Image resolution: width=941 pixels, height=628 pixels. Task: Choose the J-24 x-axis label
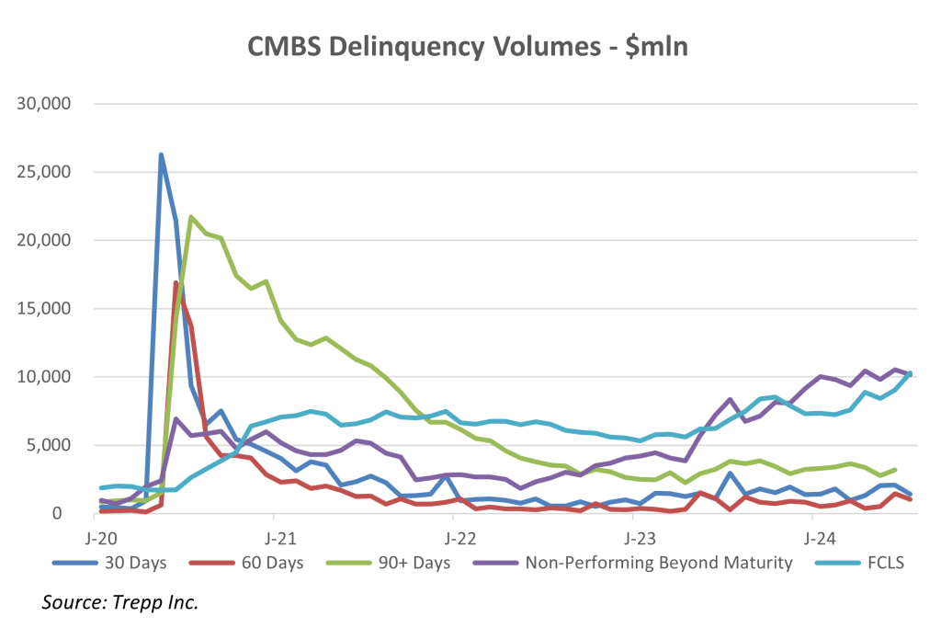(x=812, y=535)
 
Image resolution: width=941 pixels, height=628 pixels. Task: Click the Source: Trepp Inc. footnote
(x=119, y=603)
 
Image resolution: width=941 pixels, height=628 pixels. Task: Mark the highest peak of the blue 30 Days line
(x=161, y=155)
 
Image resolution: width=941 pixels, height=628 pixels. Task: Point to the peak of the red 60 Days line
(x=176, y=283)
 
